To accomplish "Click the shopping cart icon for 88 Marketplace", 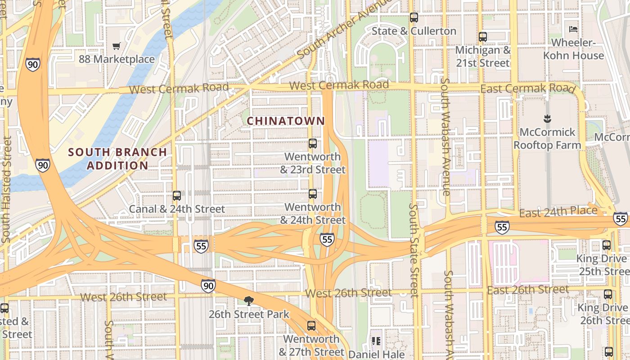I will tap(117, 45).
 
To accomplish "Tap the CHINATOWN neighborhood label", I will tap(286, 121).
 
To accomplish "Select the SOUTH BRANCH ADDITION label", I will tap(117, 158).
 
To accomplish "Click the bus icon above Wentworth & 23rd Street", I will tap(313, 144).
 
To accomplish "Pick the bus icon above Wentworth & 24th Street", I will tap(313, 194).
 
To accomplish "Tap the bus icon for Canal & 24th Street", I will tap(177, 196).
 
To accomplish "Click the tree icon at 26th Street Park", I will tap(248, 301).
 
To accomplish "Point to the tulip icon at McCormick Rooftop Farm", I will tap(547, 119).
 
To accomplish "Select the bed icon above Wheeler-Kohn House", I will tap(573, 29).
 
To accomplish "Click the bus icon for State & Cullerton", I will tap(414, 18).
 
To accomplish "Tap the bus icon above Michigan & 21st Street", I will tap(483, 37).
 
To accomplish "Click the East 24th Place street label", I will tap(558, 211).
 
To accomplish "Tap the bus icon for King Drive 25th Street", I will tap(607, 245).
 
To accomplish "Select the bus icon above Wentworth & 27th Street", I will tap(311, 326).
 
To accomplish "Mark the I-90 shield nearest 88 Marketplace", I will tap(32, 64).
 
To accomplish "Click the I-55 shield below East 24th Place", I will tap(502, 227).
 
